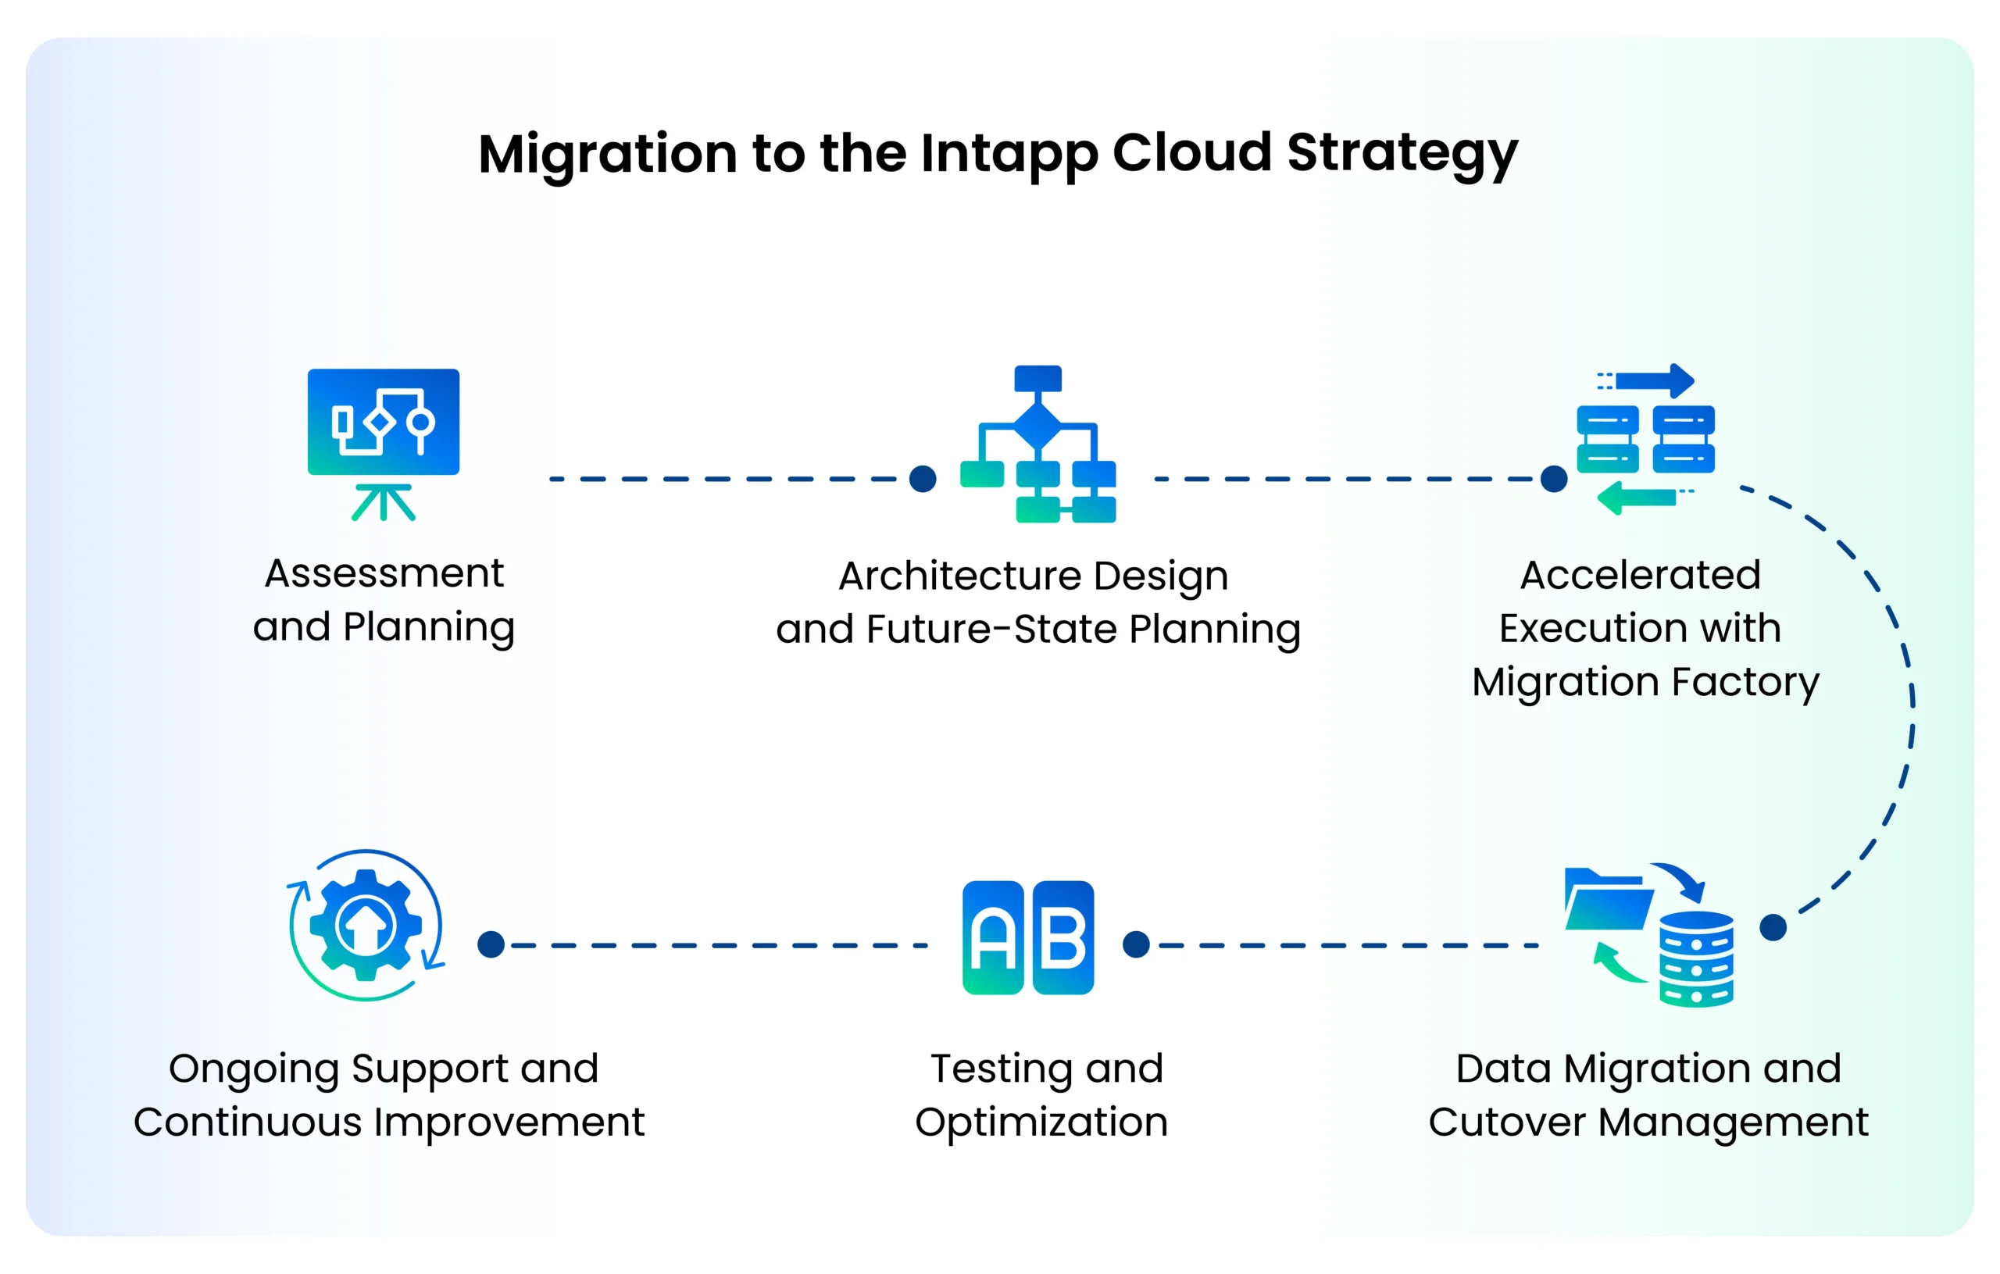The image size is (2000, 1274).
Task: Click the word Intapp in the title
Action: [1008, 155]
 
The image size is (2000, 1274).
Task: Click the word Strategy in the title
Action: [1402, 155]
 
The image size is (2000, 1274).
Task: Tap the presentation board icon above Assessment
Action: [383, 423]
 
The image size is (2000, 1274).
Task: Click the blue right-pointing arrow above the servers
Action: [1655, 381]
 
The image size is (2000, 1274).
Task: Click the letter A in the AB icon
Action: [992, 937]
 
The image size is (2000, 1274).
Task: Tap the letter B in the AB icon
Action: [1063, 937]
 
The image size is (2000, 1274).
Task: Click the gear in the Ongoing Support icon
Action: [366, 924]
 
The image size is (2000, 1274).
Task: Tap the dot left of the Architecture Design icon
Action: [923, 478]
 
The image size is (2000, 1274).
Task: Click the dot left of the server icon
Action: [1553, 478]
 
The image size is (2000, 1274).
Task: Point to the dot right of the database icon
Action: [1773, 927]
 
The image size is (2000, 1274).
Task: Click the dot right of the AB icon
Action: [1135, 944]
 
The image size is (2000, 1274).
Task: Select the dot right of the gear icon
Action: [491, 944]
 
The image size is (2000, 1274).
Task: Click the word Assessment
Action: [384, 574]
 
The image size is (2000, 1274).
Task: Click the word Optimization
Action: [1041, 1122]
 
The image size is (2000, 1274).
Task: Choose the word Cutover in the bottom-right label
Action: [1505, 1122]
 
